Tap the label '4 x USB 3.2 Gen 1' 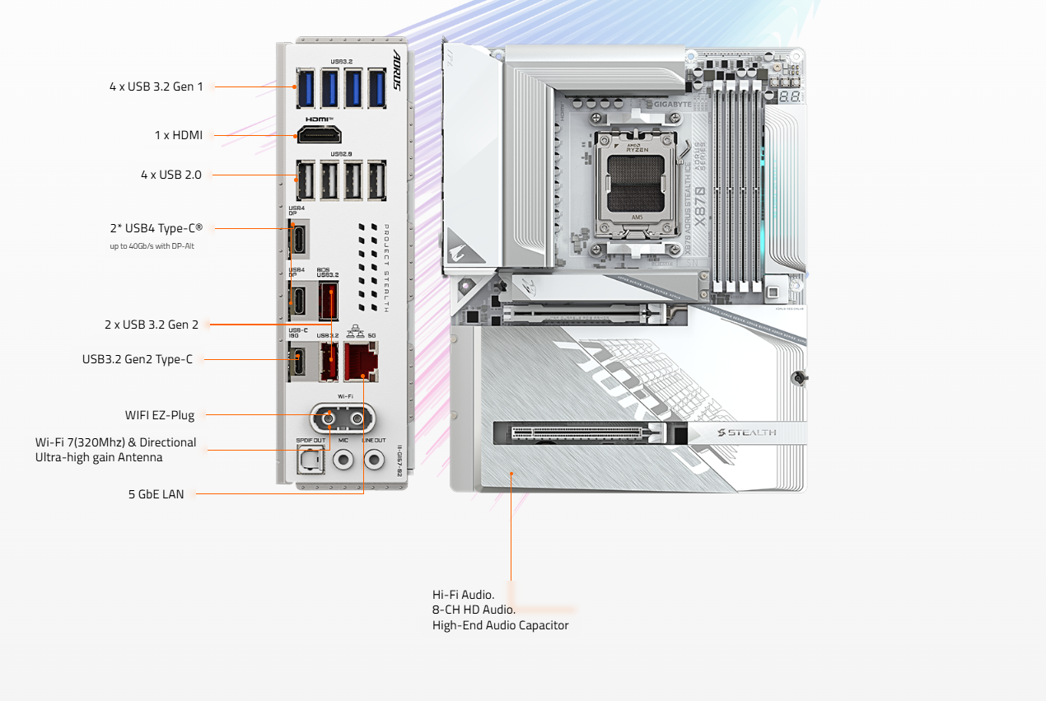[x=156, y=86]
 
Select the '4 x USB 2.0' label [x=170, y=175]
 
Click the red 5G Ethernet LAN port [x=360, y=363]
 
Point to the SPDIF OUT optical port [x=312, y=463]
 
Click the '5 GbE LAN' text [x=156, y=494]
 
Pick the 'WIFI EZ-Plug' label [x=160, y=415]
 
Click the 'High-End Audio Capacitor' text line [x=500, y=625]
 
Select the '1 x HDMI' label [x=178, y=135]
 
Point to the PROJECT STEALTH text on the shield [x=385, y=268]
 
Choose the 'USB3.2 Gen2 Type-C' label [x=138, y=359]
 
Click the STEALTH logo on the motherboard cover [x=747, y=432]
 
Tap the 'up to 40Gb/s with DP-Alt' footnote [x=152, y=245]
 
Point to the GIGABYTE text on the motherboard [x=673, y=105]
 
